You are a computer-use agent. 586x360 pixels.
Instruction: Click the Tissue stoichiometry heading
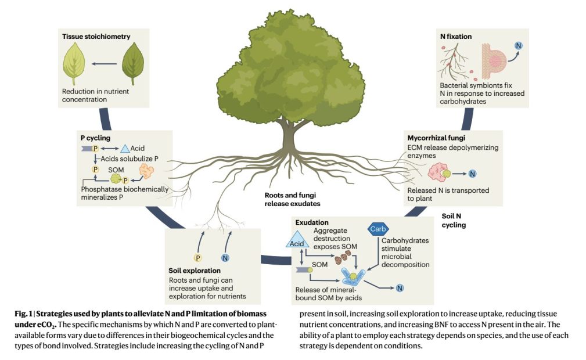[x=96, y=37]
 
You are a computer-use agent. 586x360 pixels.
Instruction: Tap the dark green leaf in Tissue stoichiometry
[x=133, y=64]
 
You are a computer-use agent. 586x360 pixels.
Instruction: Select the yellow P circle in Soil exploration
[x=197, y=258]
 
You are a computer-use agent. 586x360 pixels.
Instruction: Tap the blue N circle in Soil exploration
[x=225, y=258]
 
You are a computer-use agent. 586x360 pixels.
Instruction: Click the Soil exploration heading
[x=194, y=271]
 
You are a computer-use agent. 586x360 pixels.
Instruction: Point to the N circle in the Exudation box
[x=400, y=287]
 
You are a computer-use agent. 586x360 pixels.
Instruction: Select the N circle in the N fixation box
[x=518, y=46]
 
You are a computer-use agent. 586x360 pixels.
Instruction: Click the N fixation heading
[x=456, y=37]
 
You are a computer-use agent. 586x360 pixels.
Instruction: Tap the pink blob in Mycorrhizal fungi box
[x=434, y=172]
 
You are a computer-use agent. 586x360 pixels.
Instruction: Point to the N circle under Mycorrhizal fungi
[x=472, y=173]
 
